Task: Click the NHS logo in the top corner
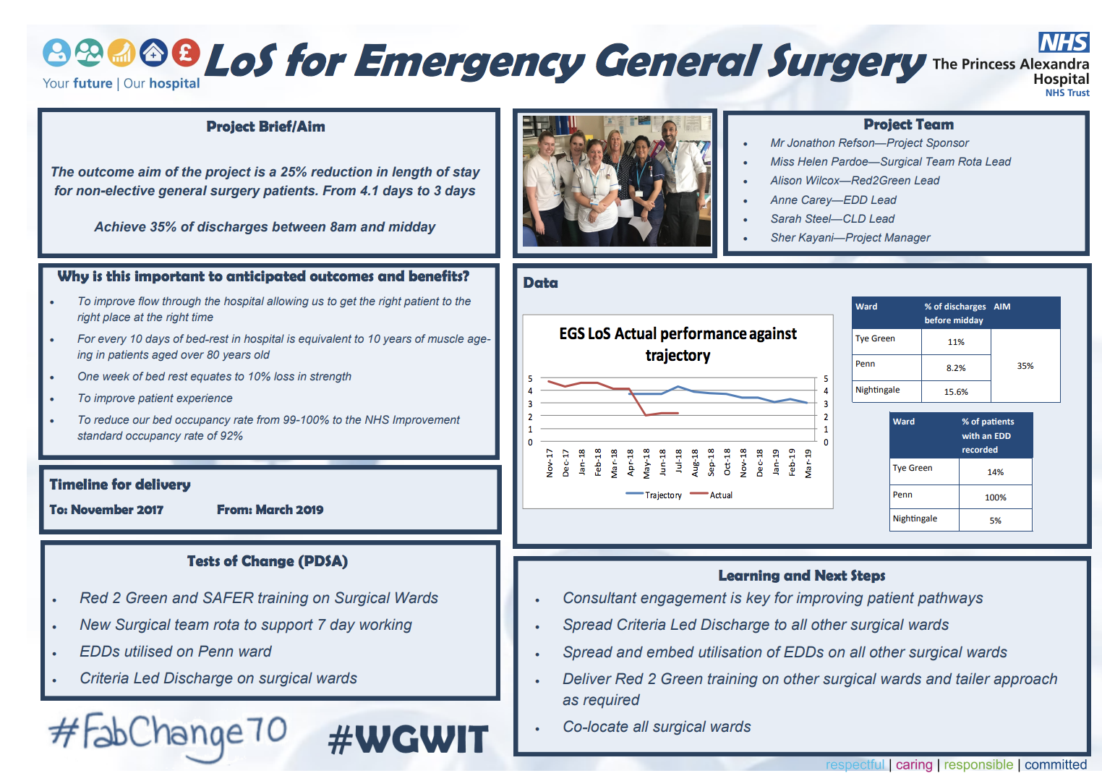click(x=1064, y=43)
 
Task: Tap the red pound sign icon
click(x=186, y=53)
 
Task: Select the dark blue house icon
click(x=153, y=53)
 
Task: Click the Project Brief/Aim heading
click(x=265, y=127)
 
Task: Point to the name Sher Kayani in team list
click(x=802, y=238)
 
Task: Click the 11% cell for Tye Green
click(x=956, y=342)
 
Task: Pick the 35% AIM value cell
click(x=1025, y=366)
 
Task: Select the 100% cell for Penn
click(x=995, y=498)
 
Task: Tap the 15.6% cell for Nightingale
click(x=956, y=392)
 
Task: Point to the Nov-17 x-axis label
click(x=550, y=463)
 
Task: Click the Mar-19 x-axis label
click(x=808, y=463)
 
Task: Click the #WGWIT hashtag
click(x=408, y=740)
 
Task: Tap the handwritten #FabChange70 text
click(x=168, y=733)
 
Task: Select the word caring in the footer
click(x=914, y=765)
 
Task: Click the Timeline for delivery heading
click(x=120, y=485)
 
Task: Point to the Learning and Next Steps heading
click(x=801, y=576)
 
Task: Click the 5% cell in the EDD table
click(x=995, y=521)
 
